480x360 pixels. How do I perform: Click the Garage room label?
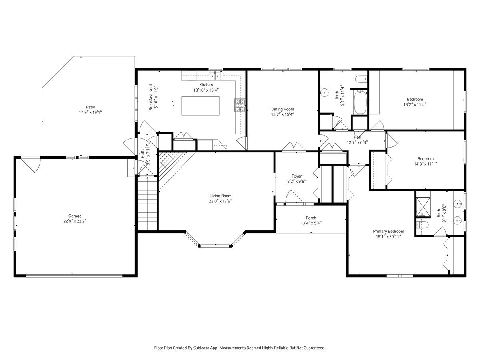[x=75, y=216]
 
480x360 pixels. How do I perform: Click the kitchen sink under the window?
[x=215, y=75]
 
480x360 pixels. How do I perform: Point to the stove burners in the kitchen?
[x=239, y=105]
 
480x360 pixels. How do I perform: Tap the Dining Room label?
[x=282, y=109]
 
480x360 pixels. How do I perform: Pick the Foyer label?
[x=296, y=176]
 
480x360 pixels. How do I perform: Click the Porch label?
[x=311, y=218]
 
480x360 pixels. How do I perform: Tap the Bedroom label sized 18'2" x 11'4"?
[x=415, y=100]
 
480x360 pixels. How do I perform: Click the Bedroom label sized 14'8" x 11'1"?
[x=425, y=158]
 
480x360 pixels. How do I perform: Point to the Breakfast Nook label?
[x=151, y=97]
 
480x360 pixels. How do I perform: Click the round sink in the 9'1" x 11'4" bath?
[x=323, y=92]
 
